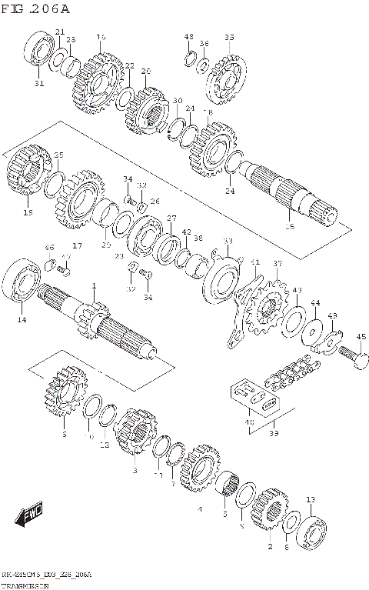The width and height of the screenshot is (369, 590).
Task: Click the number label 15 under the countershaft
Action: [x=289, y=227]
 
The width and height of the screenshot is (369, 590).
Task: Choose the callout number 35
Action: [x=229, y=38]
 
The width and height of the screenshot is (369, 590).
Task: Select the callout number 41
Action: [x=255, y=263]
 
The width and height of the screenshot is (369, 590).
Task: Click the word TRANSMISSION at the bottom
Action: [x=24, y=585]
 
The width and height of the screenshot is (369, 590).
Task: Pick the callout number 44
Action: [x=315, y=304]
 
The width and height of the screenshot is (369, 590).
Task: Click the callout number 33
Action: [x=228, y=242]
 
